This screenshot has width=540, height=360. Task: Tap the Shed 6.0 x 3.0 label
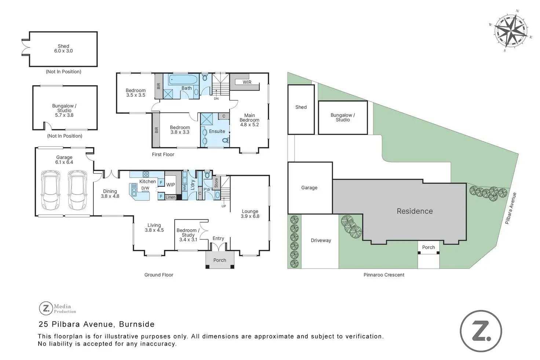click(x=63, y=48)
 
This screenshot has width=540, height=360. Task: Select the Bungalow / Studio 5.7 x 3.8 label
click(x=65, y=110)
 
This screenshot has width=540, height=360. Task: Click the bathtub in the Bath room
click(x=183, y=79)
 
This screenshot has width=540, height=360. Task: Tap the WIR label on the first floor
click(x=247, y=82)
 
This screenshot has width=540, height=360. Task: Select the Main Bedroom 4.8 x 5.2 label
click(x=249, y=120)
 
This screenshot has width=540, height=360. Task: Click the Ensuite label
click(x=217, y=131)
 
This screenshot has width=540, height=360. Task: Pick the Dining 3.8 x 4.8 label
click(x=110, y=194)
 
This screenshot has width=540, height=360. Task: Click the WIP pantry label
click(x=171, y=185)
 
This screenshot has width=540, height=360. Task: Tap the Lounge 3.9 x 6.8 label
click(x=250, y=214)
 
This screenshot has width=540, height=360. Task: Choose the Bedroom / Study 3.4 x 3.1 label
click(x=188, y=235)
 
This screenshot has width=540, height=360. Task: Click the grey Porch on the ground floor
click(x=220, y=260)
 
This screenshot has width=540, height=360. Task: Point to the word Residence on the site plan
click(x=415, y=211)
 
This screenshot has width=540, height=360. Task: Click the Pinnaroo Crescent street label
click(x=384, y=275)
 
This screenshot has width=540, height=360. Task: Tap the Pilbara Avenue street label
click(x=510, y=208)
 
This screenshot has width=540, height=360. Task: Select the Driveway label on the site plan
click(x=321, y=240)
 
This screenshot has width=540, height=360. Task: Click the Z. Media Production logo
click(x=58, y=309)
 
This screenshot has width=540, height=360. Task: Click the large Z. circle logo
click(x=481, y=331)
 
